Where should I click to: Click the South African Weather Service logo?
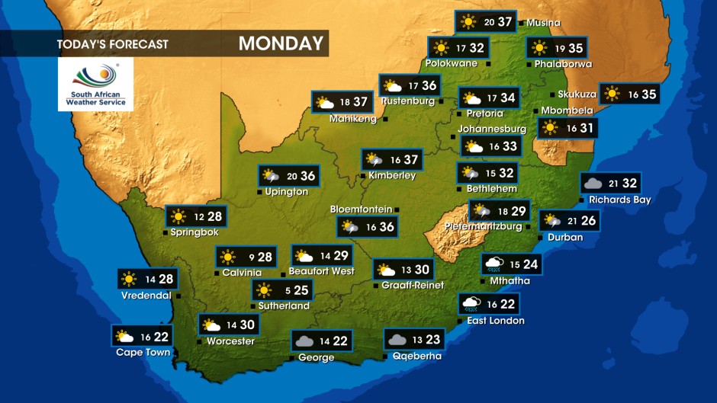[95, 84]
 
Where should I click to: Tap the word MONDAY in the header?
[281, 43]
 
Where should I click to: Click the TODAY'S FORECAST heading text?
[112, 44]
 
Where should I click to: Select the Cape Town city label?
[143, 352]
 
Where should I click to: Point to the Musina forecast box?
[485, 21]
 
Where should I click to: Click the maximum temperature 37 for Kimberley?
[411, 160]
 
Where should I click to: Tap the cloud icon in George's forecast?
[305, 341]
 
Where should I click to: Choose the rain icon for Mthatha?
[494, 264]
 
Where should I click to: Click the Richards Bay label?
[619, 200]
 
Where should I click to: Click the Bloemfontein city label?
[361, 209]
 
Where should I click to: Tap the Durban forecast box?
[569, 221]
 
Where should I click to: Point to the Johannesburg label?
[491, 129]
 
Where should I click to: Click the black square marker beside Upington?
[259, 192]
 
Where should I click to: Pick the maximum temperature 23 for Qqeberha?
[432, 340]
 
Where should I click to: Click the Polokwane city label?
[452, 63]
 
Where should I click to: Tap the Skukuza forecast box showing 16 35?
[629, 94]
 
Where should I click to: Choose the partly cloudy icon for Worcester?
[211, 325]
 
